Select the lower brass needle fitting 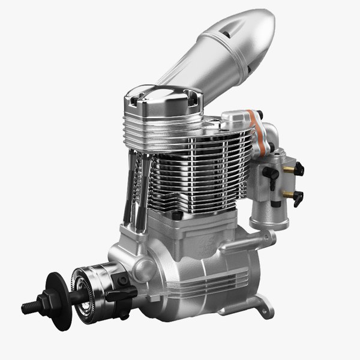tap(290, 195)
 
